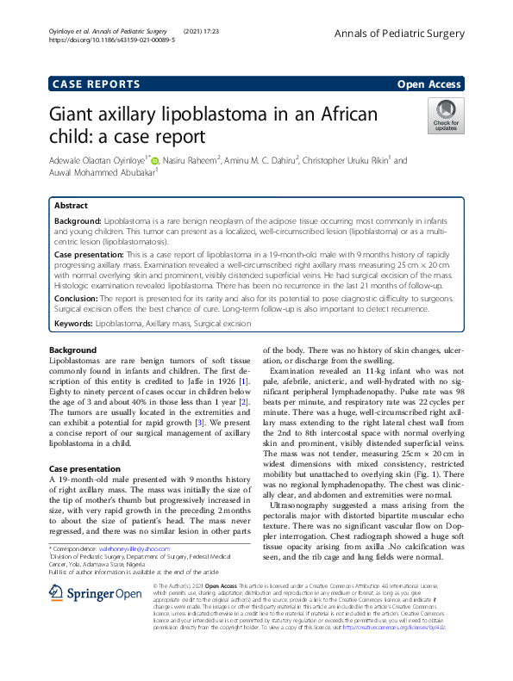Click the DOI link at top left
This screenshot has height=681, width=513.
pos(112,40)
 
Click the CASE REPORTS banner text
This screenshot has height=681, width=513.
pos(97,84)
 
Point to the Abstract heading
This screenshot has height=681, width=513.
pos(71,207)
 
